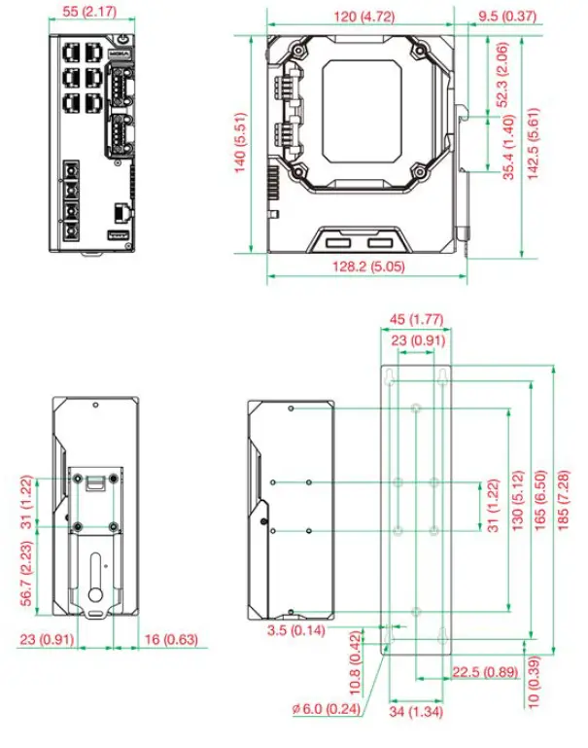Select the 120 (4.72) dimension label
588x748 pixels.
(359, 17)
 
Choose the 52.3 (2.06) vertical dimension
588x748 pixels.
(502, 75)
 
